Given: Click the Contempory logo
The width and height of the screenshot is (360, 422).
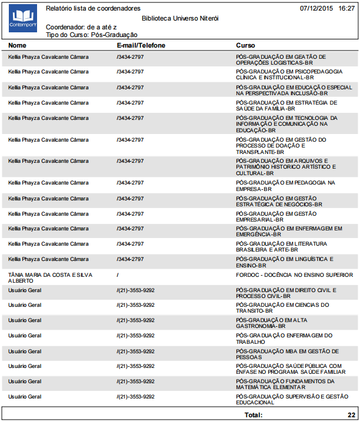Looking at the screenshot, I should coord(23,19).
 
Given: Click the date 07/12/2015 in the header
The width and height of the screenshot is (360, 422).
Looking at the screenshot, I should coord(316,9).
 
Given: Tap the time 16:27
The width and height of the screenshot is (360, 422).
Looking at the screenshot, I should coord(346,9).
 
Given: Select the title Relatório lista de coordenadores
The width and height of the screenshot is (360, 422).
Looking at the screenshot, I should coord(93,9).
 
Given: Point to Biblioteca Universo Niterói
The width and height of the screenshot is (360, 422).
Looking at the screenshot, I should coord(181,18).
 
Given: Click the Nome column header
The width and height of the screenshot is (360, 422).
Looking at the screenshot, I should coord(18,45).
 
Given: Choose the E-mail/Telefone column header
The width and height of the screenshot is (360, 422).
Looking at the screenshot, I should coord(141,45).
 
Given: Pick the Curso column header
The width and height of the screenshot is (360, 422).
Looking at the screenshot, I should coord(245,45).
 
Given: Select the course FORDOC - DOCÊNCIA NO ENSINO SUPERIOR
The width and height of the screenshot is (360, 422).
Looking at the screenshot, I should coord(294,274).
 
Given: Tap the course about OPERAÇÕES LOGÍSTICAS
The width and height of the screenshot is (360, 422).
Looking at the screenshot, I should coord(281,59).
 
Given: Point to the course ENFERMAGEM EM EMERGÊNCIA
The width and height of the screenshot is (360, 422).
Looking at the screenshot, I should coord(288,231).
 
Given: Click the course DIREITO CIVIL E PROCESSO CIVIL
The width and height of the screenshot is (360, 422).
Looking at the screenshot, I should coord(286,293).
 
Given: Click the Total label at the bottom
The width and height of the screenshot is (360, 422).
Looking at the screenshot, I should coord(254,415).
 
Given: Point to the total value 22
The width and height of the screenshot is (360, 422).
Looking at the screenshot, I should coord(351,415).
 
